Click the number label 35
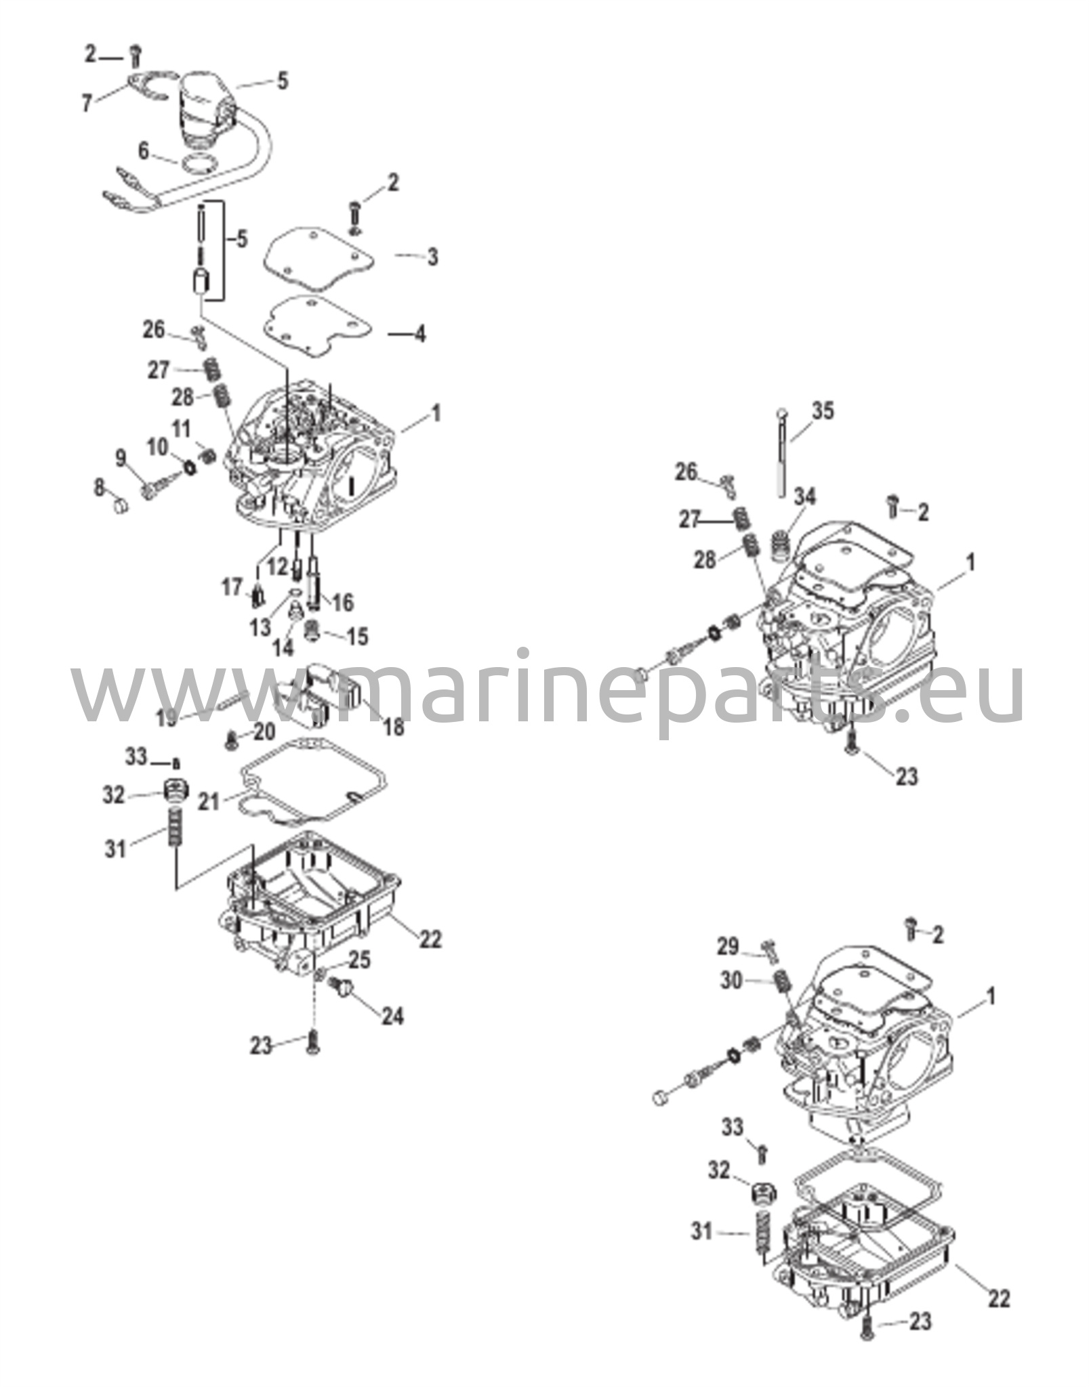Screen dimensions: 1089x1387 [823, 411]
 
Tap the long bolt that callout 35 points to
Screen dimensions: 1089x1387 [782, 451]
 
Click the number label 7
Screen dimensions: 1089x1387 [87, 104]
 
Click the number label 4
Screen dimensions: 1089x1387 [420, 333]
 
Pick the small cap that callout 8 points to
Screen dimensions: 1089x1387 [119, 505]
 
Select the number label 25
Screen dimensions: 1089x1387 [360, 960]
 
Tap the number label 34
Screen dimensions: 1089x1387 [805, 496]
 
